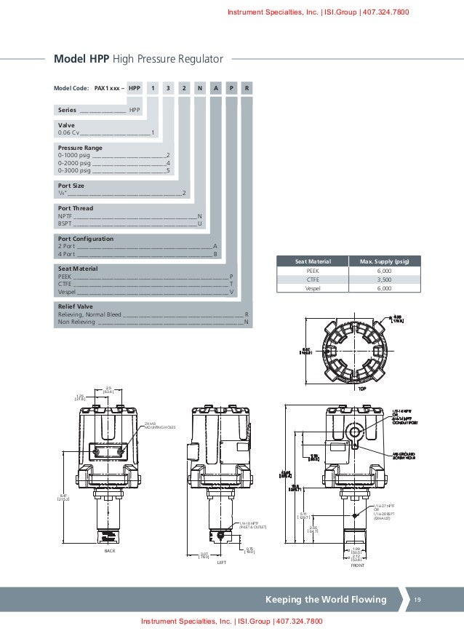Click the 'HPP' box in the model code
pos(135,88)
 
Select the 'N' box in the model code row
pos(200,88)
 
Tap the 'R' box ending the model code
pos(248,88)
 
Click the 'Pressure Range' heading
pos(80,148)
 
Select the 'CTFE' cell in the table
pos(313,279)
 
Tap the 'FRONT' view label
pos(356,565)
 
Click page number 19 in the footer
pos(417,600)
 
